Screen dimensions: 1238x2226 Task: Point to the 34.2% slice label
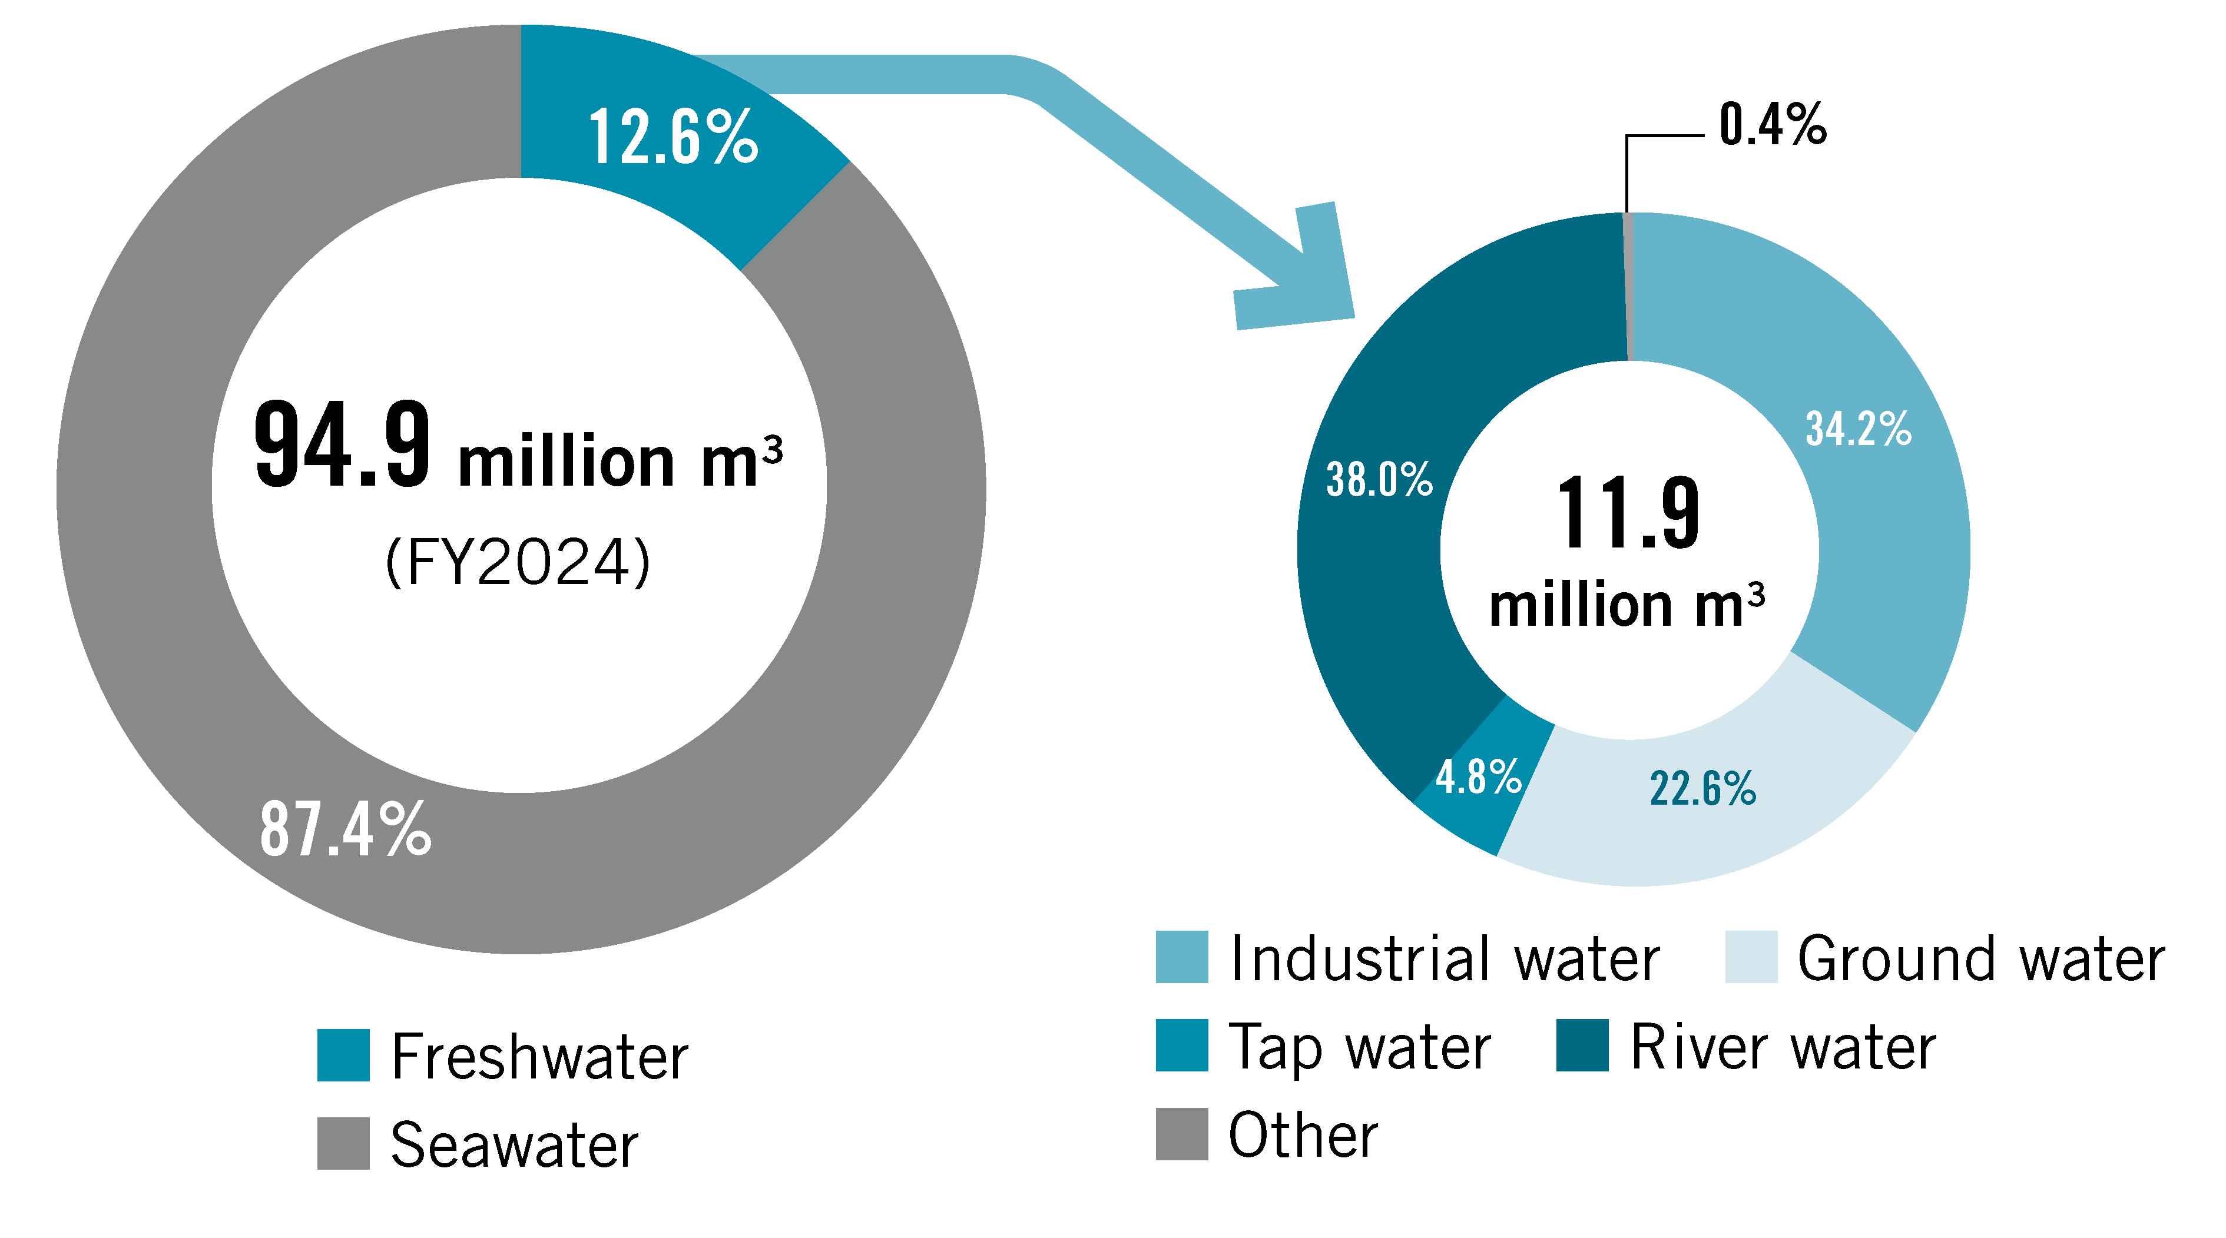point(1858,429)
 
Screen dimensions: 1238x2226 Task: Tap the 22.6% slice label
point(1702,789)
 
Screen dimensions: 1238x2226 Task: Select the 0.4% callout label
point(1773,125)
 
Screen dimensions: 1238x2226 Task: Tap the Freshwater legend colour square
point(343,1055)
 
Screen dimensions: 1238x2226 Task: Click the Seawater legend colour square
point(343,1143)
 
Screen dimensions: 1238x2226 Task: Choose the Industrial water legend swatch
point(1181,957)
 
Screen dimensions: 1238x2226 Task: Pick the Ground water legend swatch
point(1751,957)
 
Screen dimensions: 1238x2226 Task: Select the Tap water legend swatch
point(1181,1046)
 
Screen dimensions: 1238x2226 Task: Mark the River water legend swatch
point(1582,1046)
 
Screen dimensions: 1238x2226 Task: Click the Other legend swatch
point(1181,1133)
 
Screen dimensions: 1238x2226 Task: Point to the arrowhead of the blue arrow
point(1305,277)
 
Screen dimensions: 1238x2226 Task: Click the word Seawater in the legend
point(514,1145)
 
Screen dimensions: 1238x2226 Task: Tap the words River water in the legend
point(1783,1047)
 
